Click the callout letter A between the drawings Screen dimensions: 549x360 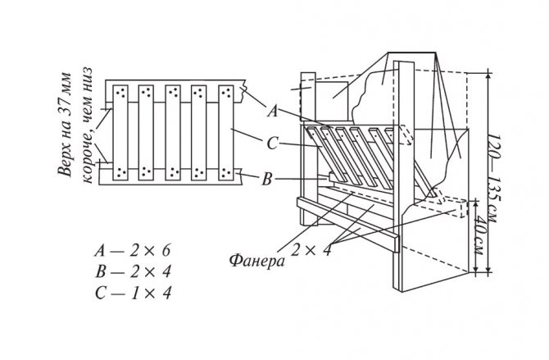click(273, 112)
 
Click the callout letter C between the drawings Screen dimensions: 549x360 click(272, 144)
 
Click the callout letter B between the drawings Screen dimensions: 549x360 click(267, 180)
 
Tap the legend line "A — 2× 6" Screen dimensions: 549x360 click(133, 251)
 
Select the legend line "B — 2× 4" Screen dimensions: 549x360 click(133, 271)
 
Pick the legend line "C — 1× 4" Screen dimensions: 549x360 click(133, 293)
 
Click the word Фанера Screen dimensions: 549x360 click(256, 261)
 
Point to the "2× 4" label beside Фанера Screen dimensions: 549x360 click(311, 250)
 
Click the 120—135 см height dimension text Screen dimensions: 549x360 click(493, 177)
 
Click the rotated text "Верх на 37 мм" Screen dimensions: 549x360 click(65, 125)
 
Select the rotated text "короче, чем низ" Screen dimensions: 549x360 click(88, 125)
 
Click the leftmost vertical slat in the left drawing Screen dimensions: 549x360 click(120, 133)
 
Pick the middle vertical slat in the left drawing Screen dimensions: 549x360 click(173, 133)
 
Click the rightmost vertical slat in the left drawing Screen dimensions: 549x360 click(226, 133)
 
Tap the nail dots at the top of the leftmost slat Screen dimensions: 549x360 click(120, 92)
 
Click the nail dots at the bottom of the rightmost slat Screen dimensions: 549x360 click(226, 172)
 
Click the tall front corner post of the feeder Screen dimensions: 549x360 click(404, 176)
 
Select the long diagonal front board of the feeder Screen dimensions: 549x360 click(348, 225)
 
